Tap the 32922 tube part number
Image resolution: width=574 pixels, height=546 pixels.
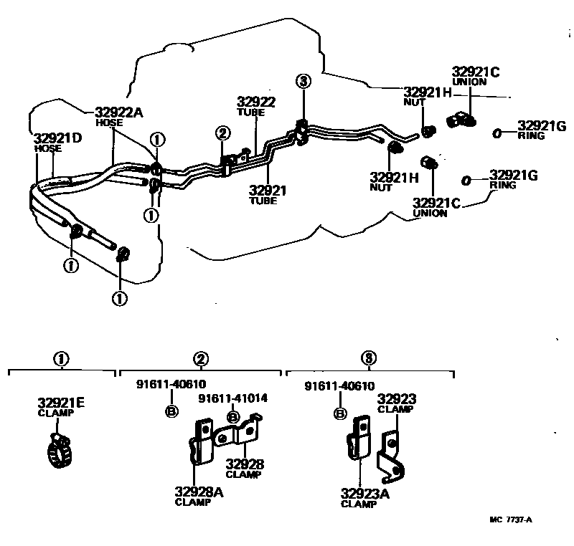coord(257,102)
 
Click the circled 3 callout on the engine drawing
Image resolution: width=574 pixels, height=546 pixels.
coord(304,82)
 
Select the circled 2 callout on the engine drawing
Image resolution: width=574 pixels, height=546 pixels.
coord(222,133)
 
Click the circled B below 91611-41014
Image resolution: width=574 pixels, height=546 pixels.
coord(232,417)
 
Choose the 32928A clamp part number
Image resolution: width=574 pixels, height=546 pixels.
coord(199,492)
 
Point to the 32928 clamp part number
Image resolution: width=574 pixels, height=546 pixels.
coord(244,464)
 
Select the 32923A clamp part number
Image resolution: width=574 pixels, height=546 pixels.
coord(366,494)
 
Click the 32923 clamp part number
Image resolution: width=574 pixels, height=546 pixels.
coord(397,399)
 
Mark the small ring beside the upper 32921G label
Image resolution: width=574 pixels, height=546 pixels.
coord(497,133)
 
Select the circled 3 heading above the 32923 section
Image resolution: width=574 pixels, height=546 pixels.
coord(368,359)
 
